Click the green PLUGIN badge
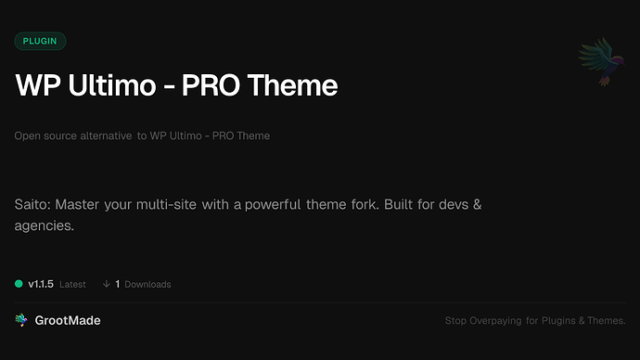click(x=40, y=41)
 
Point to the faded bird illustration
click(x=599, y=62)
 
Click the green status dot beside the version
click(x=19, y=284)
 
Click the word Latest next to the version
click(x=73, y=284)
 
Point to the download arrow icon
click(x=107, y=284)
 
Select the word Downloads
click(x=147, y=284)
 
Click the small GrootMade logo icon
click(x=21, y=320)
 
